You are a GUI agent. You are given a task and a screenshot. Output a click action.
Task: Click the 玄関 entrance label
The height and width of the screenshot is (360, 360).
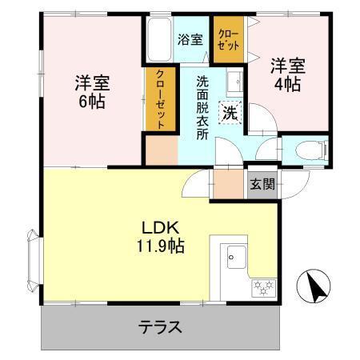click(262, 184)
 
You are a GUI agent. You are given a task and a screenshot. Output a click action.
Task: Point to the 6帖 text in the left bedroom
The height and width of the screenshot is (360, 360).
click(92, 102)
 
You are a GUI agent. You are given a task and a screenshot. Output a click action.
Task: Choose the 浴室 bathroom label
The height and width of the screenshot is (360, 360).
click(189, 38)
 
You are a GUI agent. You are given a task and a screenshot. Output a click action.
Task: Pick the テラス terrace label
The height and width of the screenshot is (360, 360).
click(160, 327)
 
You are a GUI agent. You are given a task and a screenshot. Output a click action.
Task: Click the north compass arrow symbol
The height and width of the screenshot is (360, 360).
click(314, 285)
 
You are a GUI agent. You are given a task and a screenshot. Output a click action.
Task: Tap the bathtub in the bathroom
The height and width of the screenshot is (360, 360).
click(157, 40)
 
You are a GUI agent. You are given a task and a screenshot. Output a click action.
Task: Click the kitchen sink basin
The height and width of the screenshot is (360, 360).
click(238, 258)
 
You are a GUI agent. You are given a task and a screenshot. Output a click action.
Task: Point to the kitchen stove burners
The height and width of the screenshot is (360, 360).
click(263, 286)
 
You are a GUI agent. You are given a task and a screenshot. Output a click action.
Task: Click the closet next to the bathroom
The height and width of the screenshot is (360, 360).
click(228, 37)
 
